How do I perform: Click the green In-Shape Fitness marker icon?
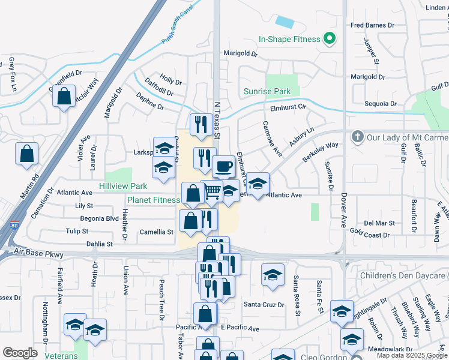coord(328,40)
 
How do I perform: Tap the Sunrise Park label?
coord(267,92)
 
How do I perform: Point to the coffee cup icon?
coord(223,166)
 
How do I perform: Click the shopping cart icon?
coord(212,191)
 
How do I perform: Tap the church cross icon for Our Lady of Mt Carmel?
coord(358,137)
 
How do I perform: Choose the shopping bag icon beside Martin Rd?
coord(27,154)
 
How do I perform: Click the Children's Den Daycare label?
coord(404,275)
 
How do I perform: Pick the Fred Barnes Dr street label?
coord(372,25)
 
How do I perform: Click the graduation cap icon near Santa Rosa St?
coord(273,275)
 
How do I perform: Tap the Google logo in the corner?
coord(20,352)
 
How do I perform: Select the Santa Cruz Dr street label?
coord(264,304)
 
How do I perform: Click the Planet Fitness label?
coord(154,200)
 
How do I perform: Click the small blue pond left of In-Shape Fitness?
coord(285,22)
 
